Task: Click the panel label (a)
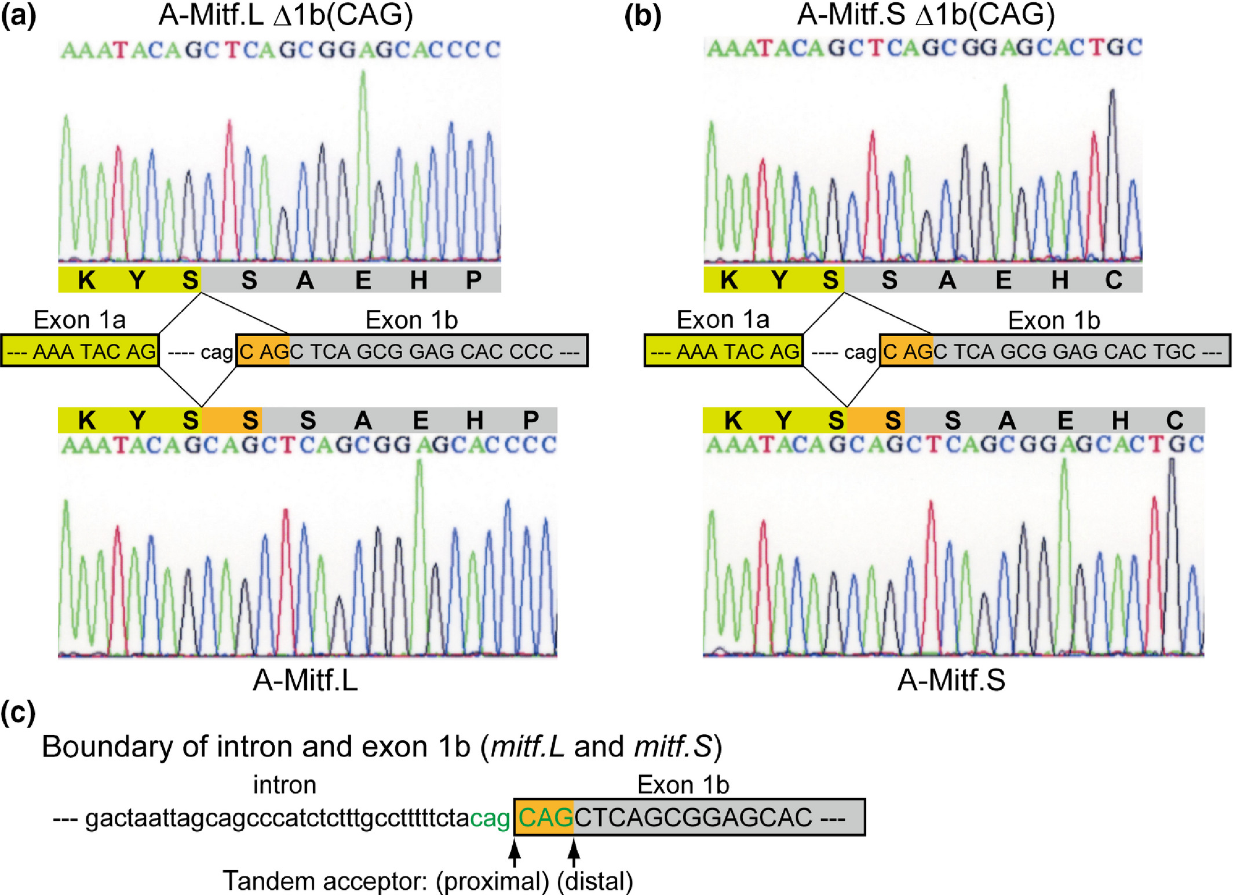tap(19, 16)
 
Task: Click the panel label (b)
tap(643, 16)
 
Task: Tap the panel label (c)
tap(19, 712)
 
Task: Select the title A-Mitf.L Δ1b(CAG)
tap(286, 14)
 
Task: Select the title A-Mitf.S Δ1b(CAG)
tap(925, 14)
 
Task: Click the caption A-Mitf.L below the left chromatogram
tap(305, 680)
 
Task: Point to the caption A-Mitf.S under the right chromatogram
tap(951, 680)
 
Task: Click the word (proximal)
tap(493, 881)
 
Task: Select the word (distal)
tap(595, 881)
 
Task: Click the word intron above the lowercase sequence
tap(284, 785)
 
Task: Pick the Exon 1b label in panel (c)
tap(683, 785)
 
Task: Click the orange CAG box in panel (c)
tap(544, 817)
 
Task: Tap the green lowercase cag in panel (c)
tap(490, 818)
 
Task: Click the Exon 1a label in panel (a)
tap(79, 319)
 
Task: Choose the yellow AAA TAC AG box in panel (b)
tap(724, 351)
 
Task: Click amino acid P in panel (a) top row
tap(474, 280)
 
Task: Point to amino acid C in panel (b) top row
tap(1113, 280)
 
